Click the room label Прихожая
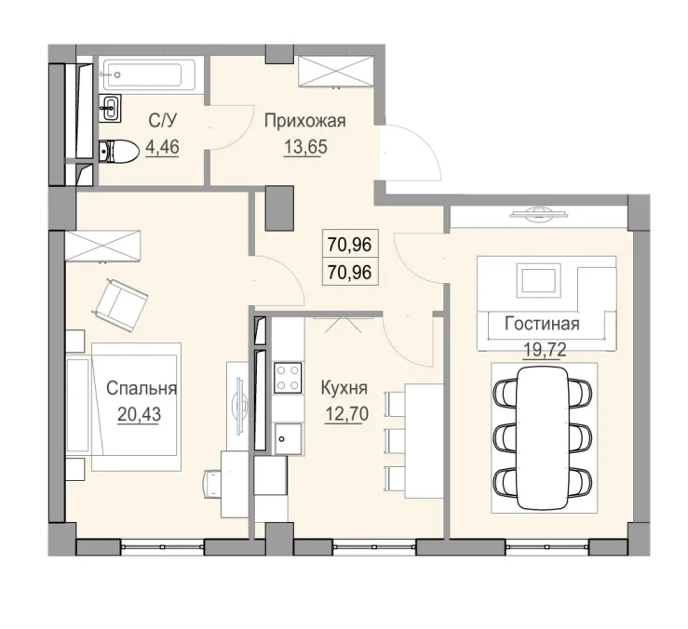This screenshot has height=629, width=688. coord(304,120)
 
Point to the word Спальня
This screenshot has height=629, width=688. coord(141,389)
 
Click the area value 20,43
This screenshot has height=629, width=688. coord(140,414)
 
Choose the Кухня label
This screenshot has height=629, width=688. coord(344,389)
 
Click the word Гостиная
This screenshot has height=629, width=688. coord(542,324)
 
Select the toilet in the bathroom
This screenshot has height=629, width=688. coord(116,149)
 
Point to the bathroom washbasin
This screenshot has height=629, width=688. coord(110,107)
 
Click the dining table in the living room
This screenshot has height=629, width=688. coord(542,437)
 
